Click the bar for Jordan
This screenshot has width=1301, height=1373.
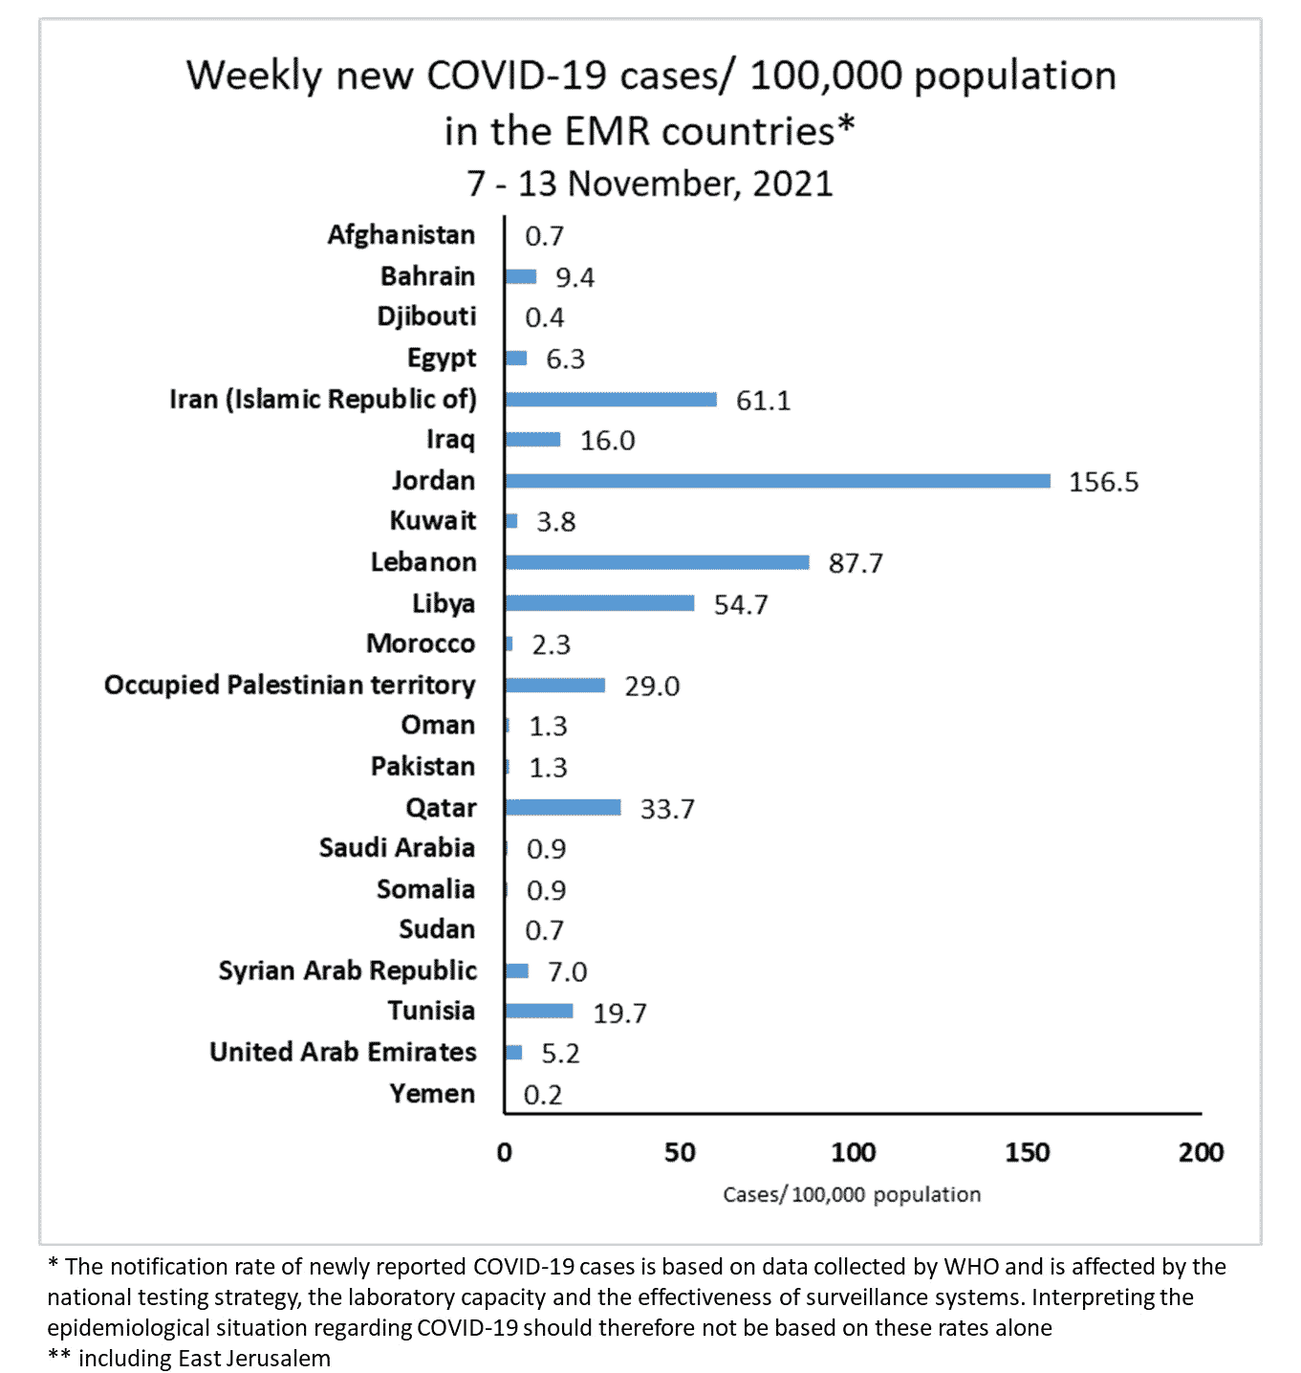[x=777, y=481]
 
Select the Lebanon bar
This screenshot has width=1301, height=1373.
[x=657, y=562]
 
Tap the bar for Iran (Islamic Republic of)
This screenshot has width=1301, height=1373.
[x=611, y=400]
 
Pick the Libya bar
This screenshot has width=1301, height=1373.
[x=599, y=603]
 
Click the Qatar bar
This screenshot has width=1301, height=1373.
[x=563, y=808]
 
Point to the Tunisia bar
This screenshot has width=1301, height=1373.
[x=539, y=1012]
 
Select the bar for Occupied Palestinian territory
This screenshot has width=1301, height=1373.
[x=555, y=686]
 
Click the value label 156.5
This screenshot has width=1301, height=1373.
[x=1103, y=482]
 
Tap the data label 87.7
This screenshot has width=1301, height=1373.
[x=856, y=563]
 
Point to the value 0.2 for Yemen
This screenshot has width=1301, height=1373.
[x=543, y=1095]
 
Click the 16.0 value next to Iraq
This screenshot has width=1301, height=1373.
[x=607, y=441]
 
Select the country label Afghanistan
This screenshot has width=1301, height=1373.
[x=401, y=235]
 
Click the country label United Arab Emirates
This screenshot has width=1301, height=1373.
[x=343, y=1052]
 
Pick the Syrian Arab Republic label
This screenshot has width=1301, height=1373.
[x=348, y=970]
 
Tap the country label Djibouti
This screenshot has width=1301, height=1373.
[x=426, y=316]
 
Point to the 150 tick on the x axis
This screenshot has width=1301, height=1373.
[x=1027, y=1152]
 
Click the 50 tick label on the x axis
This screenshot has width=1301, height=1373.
[x=680, y=1152]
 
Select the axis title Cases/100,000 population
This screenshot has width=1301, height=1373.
[x=852, y=1194]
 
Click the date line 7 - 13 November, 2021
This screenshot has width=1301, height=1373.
[x=650, y=184]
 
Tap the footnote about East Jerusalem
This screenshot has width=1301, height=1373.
[x=190, y=1359]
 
